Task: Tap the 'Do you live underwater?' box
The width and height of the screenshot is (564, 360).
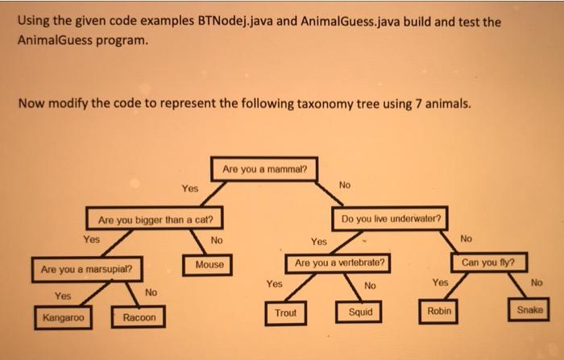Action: point(391,218)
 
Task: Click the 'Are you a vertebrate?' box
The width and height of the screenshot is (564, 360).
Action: point(339,263)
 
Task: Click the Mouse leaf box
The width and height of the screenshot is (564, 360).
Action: point(209,264)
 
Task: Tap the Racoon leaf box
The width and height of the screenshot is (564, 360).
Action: point(139,318)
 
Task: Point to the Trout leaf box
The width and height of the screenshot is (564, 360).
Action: point(285,312)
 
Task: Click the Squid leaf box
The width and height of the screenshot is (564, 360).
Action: point(360,312)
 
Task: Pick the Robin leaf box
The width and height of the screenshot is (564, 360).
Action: point(439,310)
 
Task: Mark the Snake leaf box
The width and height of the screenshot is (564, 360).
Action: point(529,309)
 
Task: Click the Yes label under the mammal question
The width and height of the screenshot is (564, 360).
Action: point(189,188)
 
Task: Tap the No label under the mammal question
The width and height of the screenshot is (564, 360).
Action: point(345,185)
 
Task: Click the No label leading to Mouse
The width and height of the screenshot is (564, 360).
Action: point(217,240)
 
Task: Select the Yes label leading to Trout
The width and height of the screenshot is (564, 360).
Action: point(274,283)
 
